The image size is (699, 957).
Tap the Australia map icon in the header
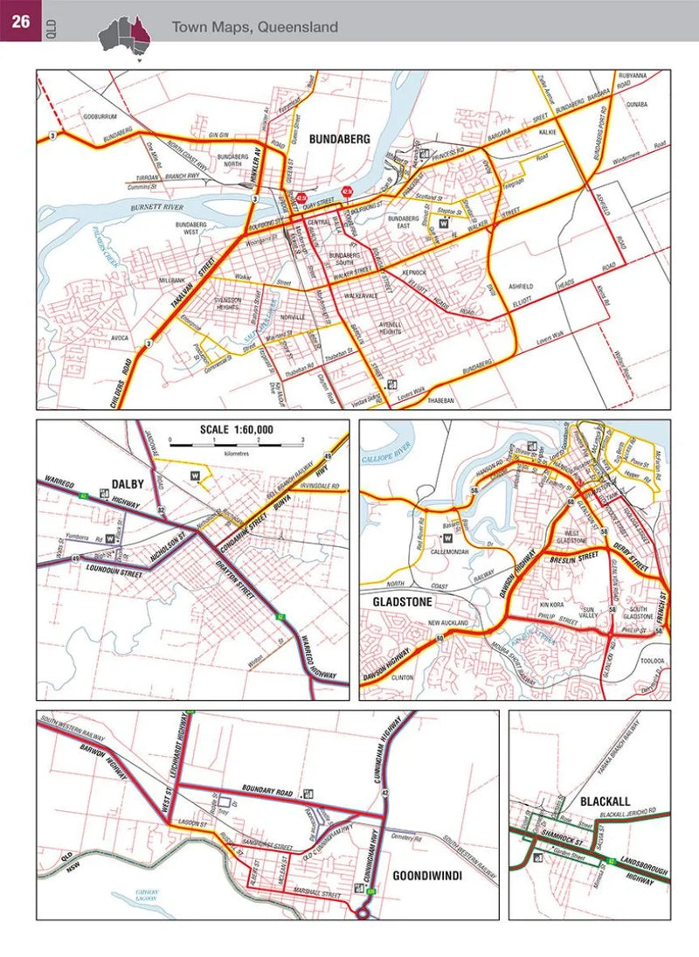pyautogui.click(x=124, y=34)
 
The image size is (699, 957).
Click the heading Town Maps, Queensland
pyautogui.click(x=254, y=28)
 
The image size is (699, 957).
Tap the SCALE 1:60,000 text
pyautogui.click(x=236, y=430)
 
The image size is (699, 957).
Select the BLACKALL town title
pyautogui.click(x=605, y=800)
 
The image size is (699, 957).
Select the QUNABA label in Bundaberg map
pyautogui.click(x=635, y=103)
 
